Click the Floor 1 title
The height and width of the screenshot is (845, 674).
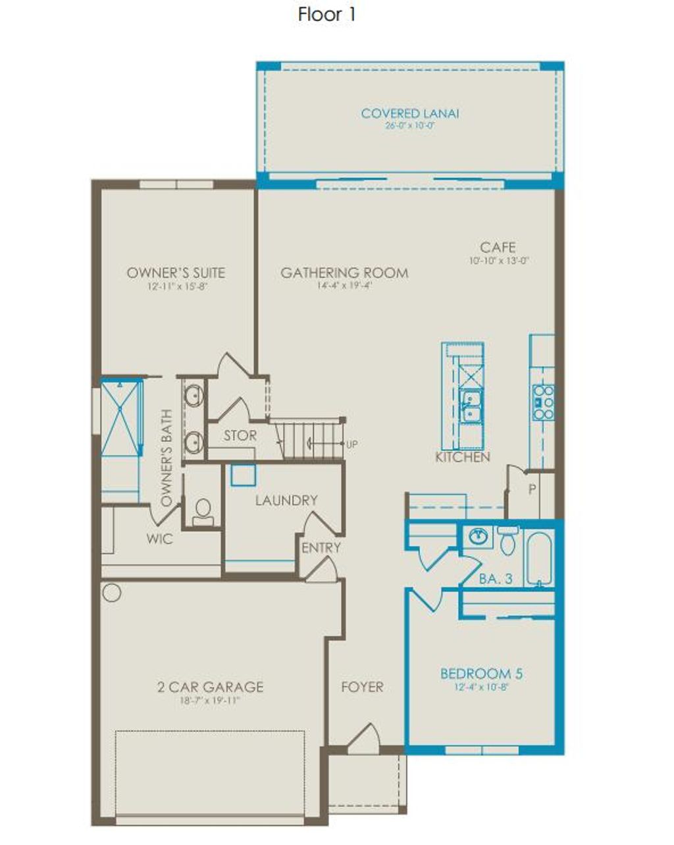(x=326, y=14)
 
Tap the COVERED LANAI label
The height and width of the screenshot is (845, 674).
(x=409, y=113)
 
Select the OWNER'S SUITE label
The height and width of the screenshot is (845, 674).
(x=176, y=273)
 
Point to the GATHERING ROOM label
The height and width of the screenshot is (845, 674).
(x=344, y=273)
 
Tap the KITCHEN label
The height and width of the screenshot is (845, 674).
(x=462, y=457)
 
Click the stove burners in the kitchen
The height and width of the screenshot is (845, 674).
(x=543, y=402)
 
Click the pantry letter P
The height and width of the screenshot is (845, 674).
(x=532, y=489)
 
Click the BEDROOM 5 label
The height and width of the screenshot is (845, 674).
(x=481, y=674)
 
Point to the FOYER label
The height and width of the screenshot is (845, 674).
(x=362, y=687)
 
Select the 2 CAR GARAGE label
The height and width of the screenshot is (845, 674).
(x=210, y=687)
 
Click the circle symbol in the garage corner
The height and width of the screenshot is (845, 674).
(x=112, y=593)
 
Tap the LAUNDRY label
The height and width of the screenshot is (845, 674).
(x=286, y=501)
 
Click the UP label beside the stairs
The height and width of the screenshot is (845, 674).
(x=351, y=445)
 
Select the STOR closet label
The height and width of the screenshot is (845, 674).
(x=240, y=436)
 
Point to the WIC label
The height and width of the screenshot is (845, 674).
(x=159, y=539)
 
